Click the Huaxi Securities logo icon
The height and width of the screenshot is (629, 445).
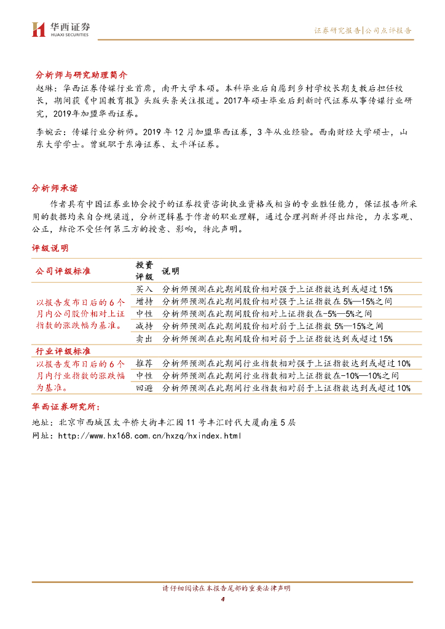tap(39, 29)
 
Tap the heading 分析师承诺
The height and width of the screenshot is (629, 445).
tap(55, 188)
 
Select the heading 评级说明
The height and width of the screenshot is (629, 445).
tap(50, 248)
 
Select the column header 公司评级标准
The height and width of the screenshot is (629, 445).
tap(63, 270)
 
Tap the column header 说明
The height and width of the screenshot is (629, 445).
tap(170, 270)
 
